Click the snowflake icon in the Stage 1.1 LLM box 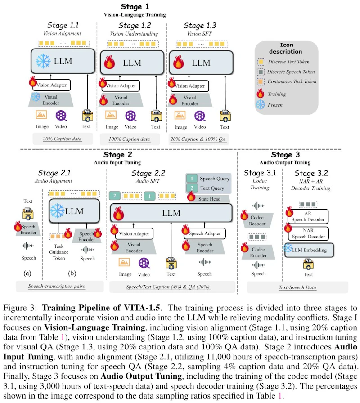43,61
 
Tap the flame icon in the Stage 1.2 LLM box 109,62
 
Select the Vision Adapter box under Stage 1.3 190,86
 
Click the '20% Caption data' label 62,139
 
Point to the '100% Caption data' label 129,139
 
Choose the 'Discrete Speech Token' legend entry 286,72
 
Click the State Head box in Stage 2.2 209,199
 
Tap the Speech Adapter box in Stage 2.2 205,233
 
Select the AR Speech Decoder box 308,216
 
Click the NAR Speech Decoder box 308,233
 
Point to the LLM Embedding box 309,250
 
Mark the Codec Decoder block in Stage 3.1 257,220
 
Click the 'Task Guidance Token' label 58,252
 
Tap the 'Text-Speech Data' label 297,287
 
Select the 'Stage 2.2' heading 148,173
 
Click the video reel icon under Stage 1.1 61,116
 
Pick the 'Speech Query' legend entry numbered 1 208,179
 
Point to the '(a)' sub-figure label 27,273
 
